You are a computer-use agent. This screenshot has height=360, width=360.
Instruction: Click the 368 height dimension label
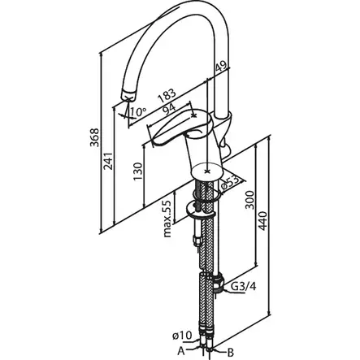coord(95,137)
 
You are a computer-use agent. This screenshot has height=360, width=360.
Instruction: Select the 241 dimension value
coord(108,161)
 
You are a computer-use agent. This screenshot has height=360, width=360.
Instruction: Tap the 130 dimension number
coord(137,171)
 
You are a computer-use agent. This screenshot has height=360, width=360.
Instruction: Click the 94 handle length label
coord(169,110)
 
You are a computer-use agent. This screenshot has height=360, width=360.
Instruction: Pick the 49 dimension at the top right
coord(222,67)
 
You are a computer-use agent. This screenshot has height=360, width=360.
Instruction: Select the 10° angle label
coord(138,112)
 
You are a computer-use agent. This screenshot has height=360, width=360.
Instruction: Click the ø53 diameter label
coord(231,184)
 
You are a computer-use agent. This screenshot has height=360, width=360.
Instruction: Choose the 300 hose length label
coord(249,200)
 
